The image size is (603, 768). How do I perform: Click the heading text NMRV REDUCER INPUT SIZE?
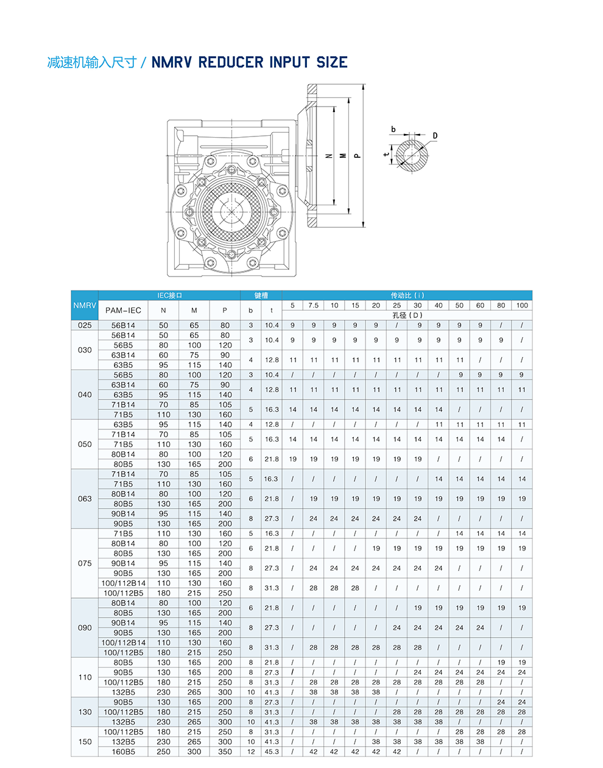(249, 62)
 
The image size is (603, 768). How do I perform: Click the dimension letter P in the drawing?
(358, 156)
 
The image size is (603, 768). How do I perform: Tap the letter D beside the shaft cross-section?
(435, 136)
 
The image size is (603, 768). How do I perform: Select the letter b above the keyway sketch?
(393, 129)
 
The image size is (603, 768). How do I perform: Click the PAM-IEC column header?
(123, 310)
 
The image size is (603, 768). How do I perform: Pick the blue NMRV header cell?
(85, 305)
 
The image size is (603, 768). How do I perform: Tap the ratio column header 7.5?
(313, 305)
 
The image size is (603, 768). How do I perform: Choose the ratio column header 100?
(522, 305)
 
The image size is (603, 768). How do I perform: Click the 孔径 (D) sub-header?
(407, 315)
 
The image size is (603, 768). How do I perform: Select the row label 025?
(85, 325)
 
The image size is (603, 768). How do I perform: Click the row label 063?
(85, 499)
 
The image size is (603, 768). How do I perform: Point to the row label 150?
(85, 742)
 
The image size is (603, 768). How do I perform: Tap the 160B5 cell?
(123, 752)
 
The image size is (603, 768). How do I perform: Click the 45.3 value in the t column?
(272, 752)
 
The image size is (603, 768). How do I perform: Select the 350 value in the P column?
(225, 752)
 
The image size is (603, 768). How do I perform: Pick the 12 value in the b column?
(251, 752)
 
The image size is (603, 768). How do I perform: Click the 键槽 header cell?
(261, 295)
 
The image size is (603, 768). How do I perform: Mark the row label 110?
(85, 677)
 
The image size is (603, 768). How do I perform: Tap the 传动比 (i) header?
(407, 295)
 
